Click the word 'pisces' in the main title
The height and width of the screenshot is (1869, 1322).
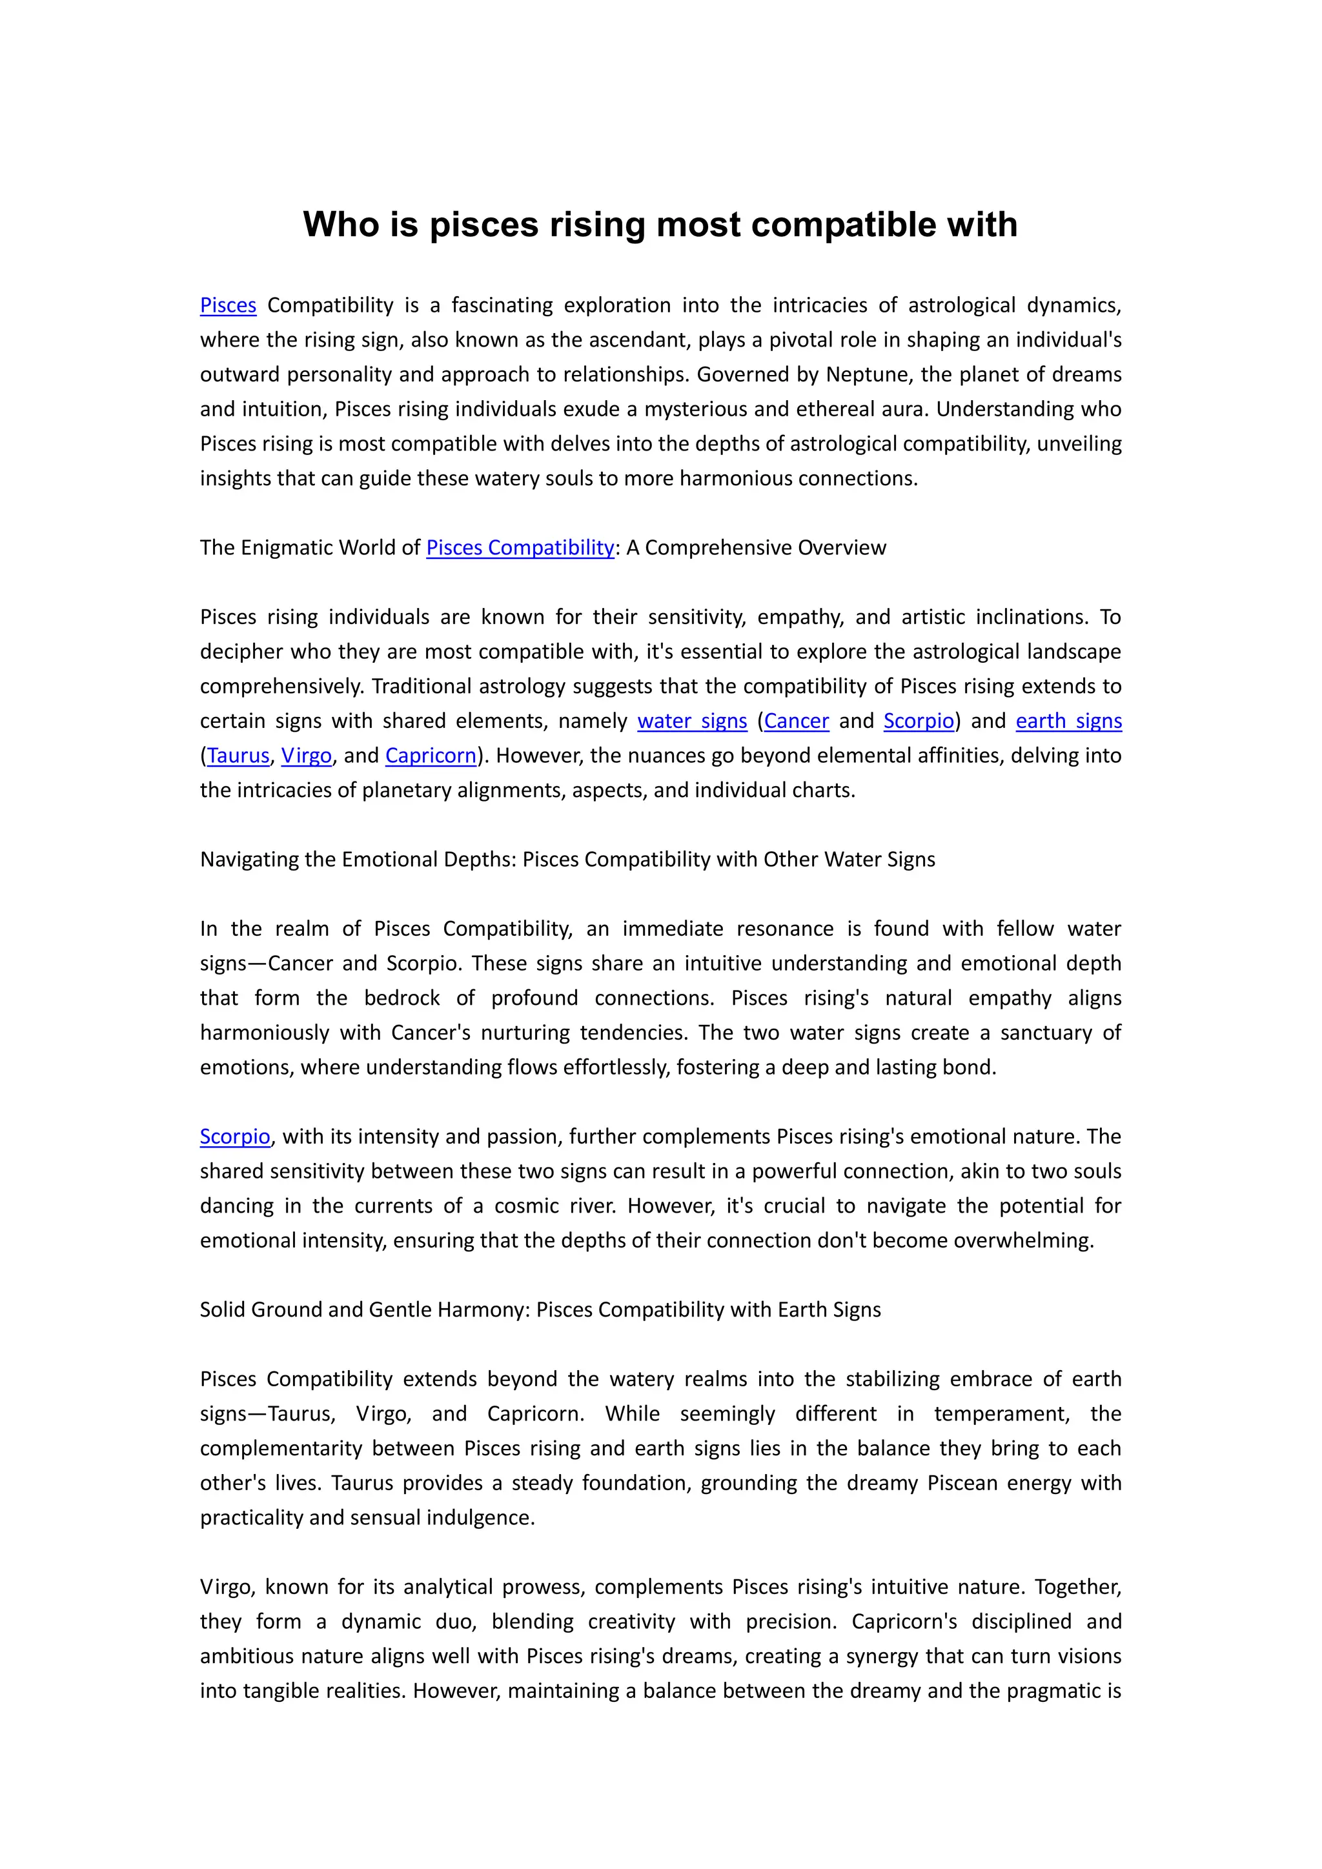483,225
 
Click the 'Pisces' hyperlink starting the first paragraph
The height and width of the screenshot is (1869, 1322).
228,305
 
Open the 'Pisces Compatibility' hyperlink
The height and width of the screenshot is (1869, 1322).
520,548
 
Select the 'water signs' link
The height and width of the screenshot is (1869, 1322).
692,722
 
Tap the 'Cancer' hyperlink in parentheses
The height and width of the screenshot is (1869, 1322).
796,722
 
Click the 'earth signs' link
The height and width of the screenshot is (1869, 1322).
1068,722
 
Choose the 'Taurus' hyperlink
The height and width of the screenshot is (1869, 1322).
238,756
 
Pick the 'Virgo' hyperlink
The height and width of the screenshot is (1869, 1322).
306,756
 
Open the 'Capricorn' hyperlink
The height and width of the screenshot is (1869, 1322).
431,756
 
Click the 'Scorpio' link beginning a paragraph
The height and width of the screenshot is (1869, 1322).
234,1137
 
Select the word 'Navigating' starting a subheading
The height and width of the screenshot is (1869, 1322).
249,860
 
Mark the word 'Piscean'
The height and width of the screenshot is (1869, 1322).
961,1483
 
